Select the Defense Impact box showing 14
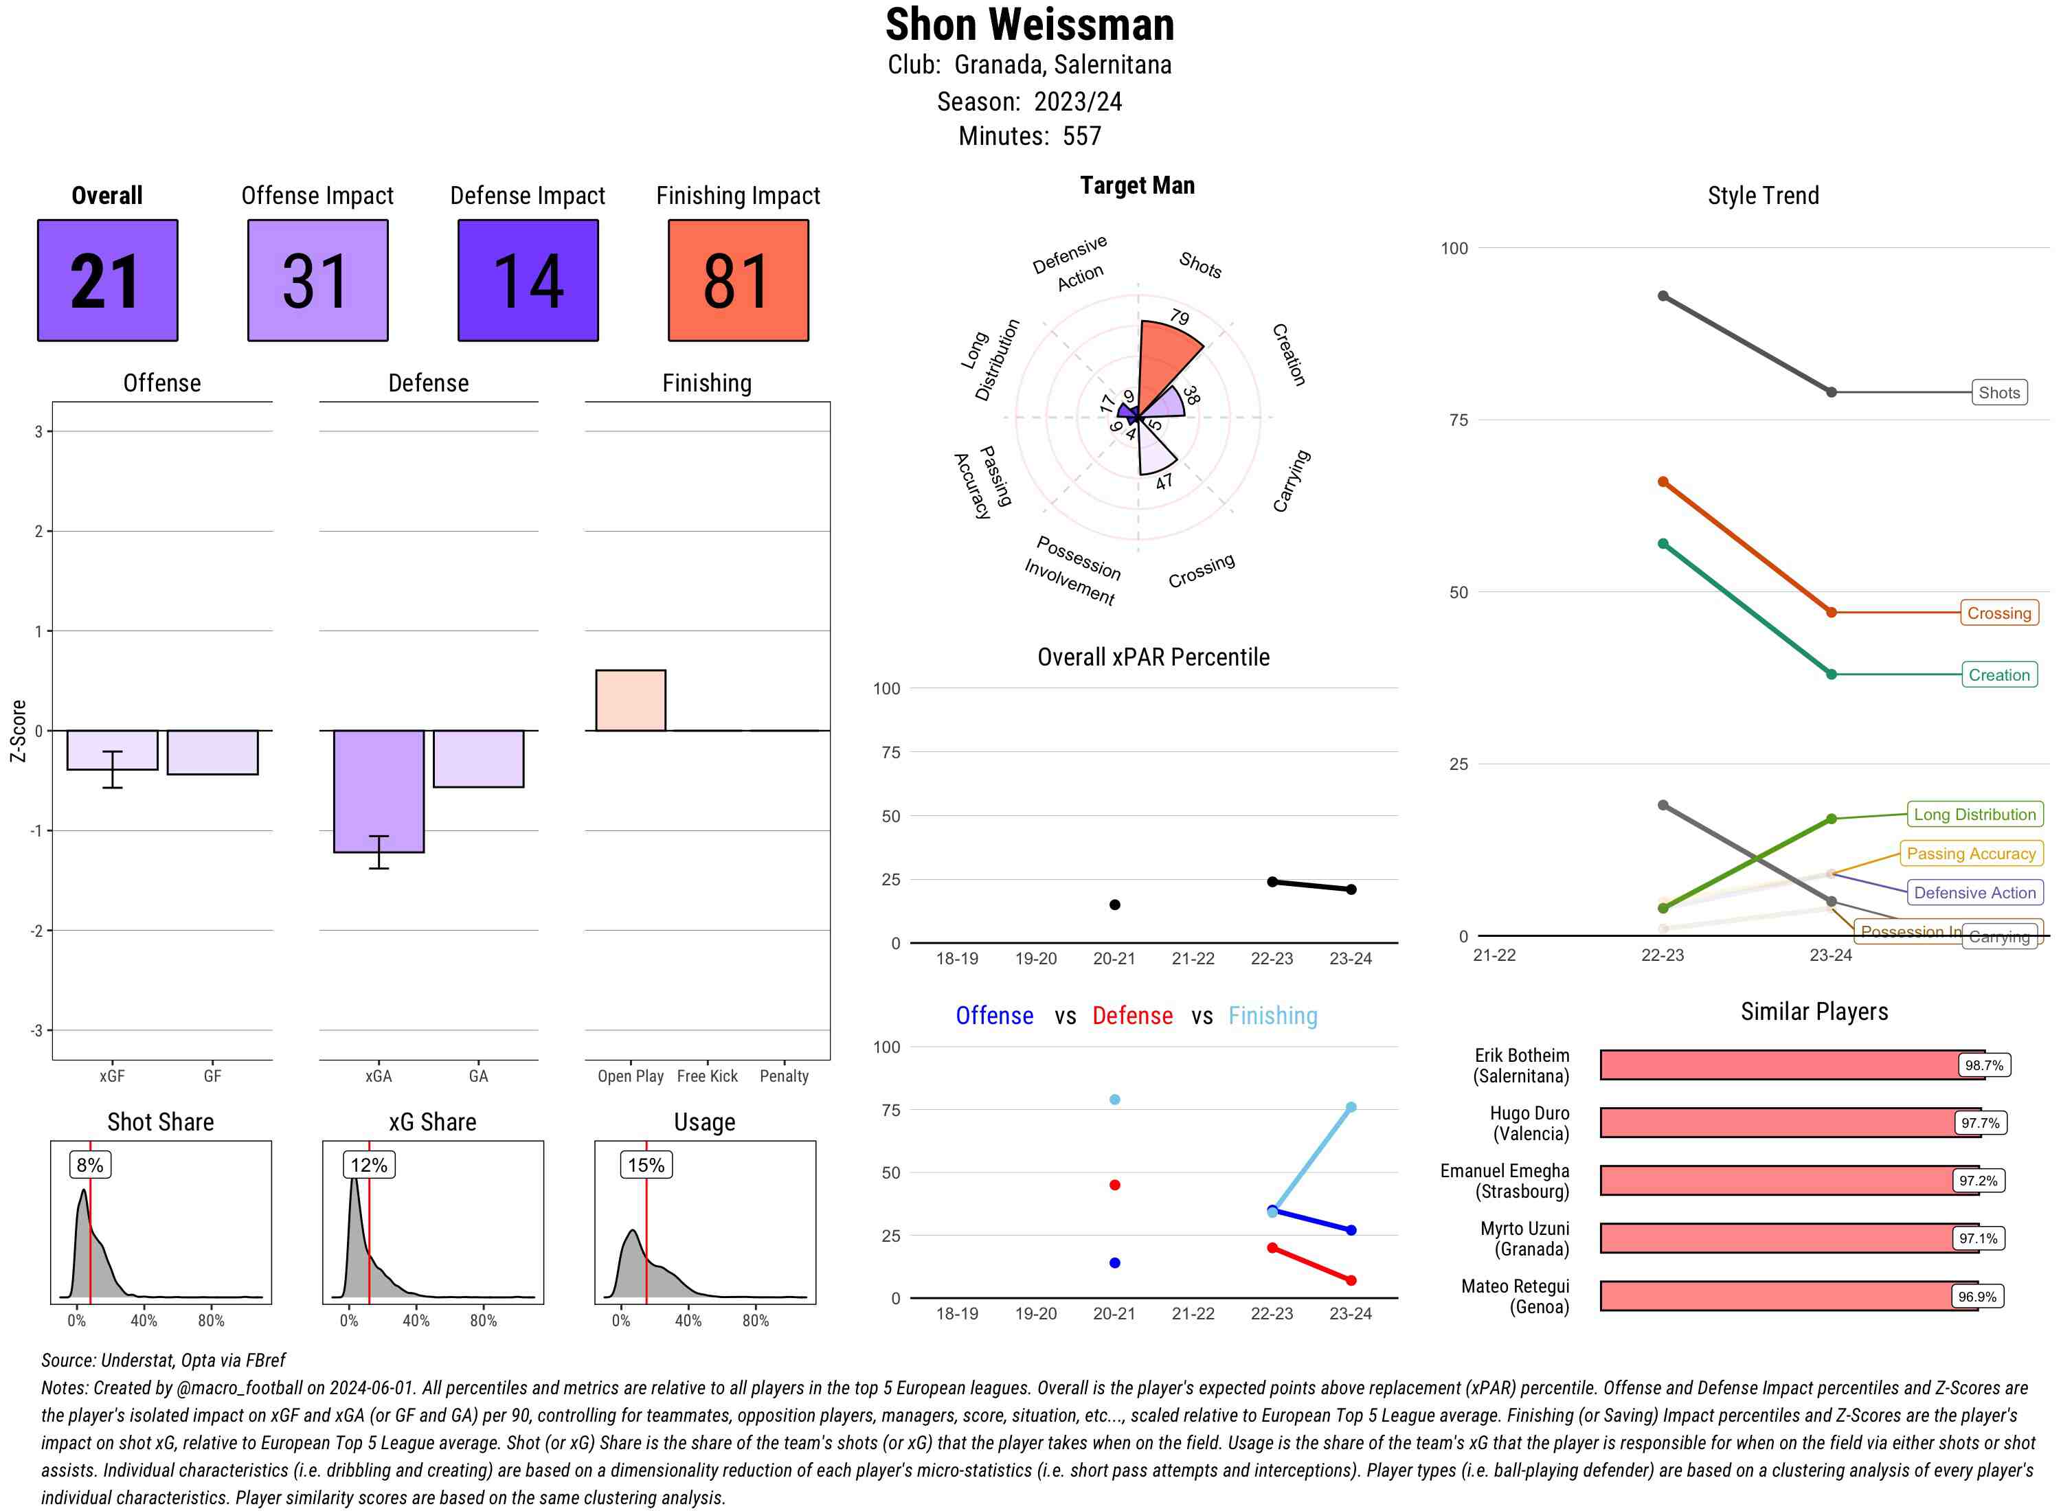click(x=528, y=280)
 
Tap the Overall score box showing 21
click(x=107, y=280)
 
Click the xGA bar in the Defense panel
click(x=378, y=791)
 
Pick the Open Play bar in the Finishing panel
click(x=630, y=701)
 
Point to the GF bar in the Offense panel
click(x=212, y=752)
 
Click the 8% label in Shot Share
click(x=89, y=1164)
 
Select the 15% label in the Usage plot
click(x=646, y=1164)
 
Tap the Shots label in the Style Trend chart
click(x=1998, y=392)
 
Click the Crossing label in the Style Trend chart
click(x=1998, y=613)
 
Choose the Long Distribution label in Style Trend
click(x=1974, y=814)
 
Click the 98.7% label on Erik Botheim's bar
click(x=1983, y=1065)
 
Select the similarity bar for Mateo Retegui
click(x=1788, y=1296)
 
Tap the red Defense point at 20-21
click(x=1114, y=1185)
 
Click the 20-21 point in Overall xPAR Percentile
click(x=1114, y=905)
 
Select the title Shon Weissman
click(x=1029, y=25)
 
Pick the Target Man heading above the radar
click(x=1137, y=185)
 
